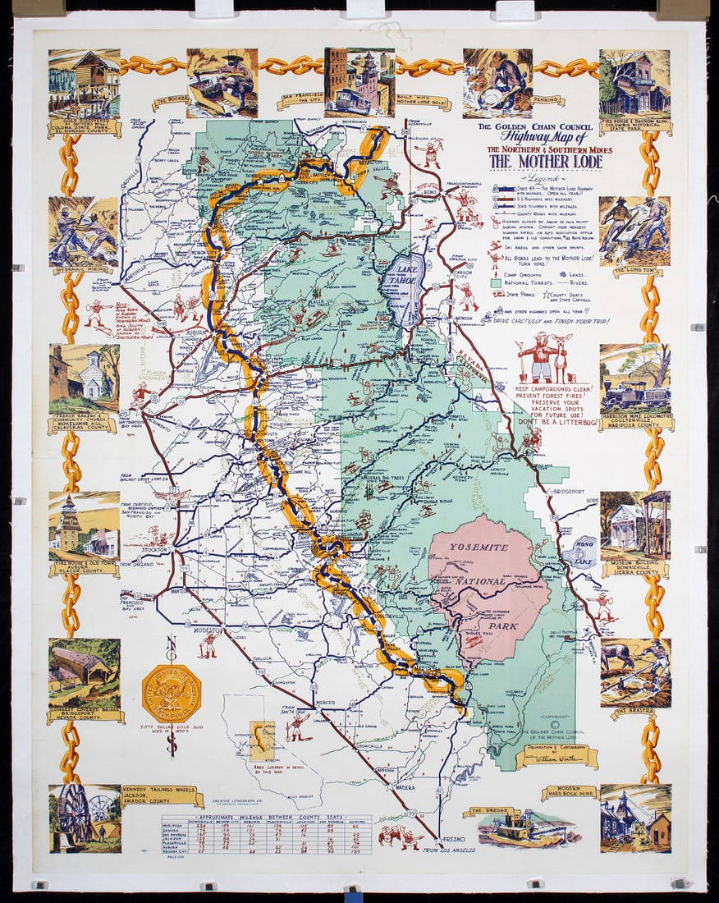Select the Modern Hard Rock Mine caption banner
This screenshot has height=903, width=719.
click(x=569, y=792)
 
